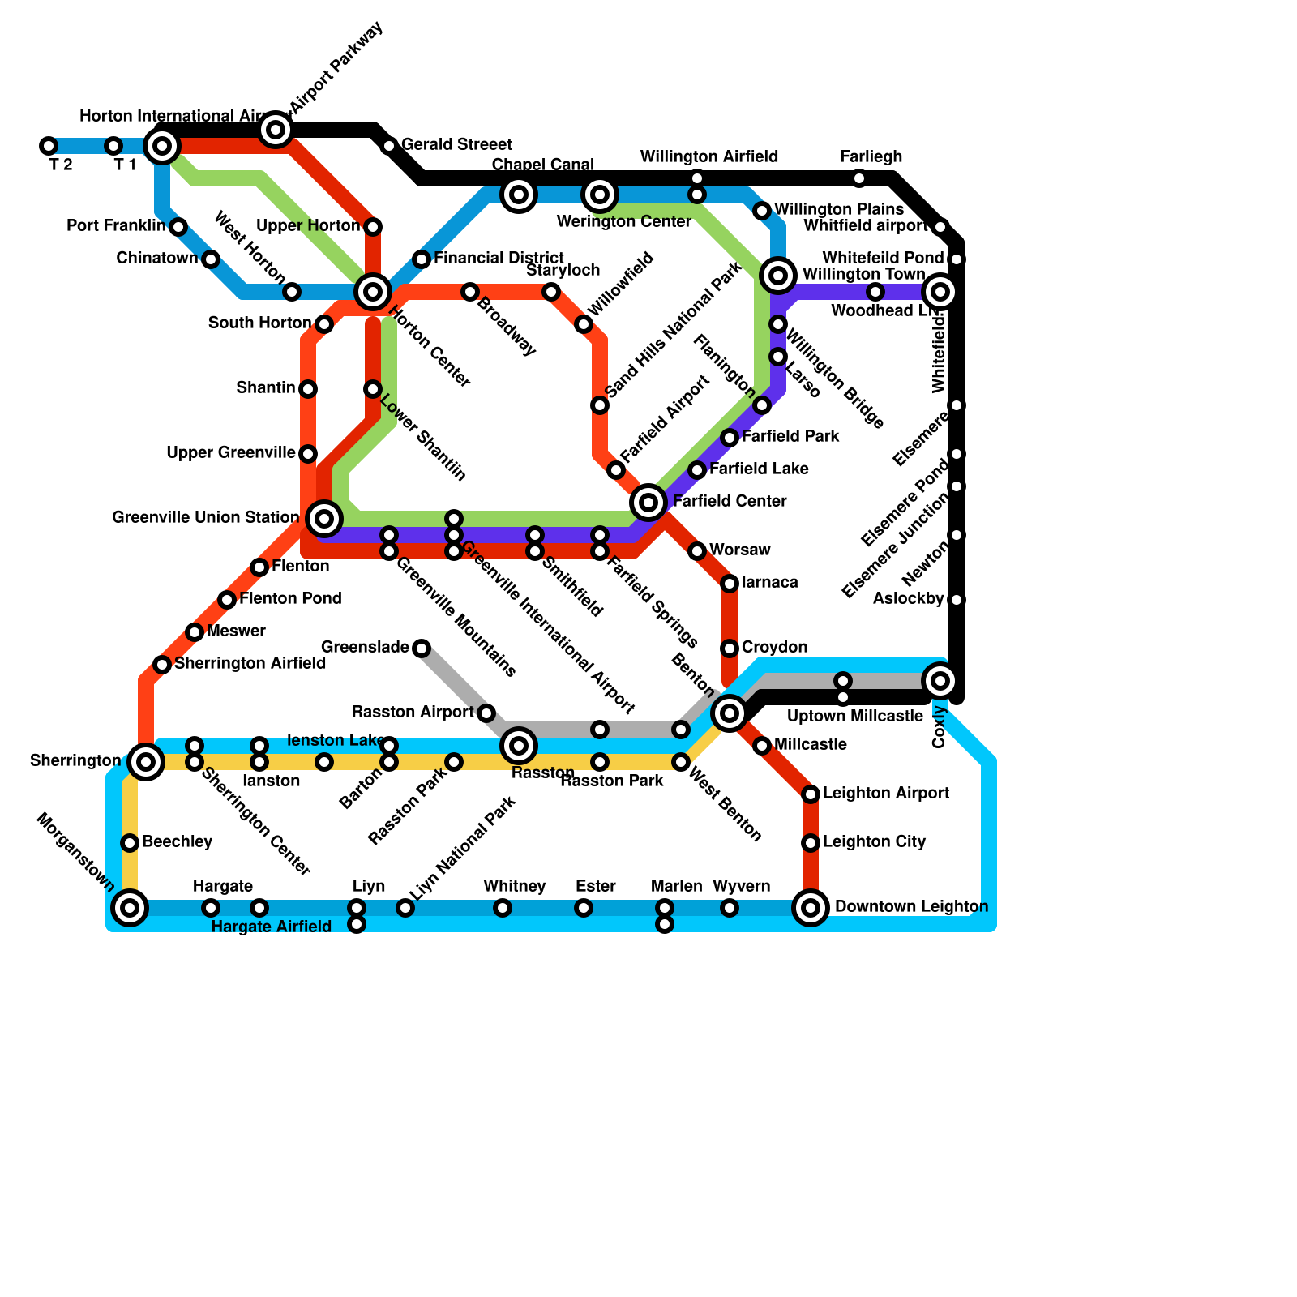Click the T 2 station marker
[49, 146]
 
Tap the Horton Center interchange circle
[373, 291]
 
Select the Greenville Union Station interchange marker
[324, 518]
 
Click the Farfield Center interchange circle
[648, 503]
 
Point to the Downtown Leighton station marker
[811, 908]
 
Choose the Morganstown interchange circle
[130, 908]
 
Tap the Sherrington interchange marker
[146, 761]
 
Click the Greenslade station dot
[422, 648]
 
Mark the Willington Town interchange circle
[778, 276]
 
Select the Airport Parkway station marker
[276, 129]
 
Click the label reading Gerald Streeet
[456, 145]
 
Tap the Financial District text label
[499, 259]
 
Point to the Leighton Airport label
[885, 794]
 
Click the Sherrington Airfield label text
[250, 664]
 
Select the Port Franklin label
[116, 226]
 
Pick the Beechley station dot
[130, 843]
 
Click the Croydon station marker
[730, 648]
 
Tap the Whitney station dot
[503, 908]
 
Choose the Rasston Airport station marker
[486, 713]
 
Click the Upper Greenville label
[231, 453]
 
